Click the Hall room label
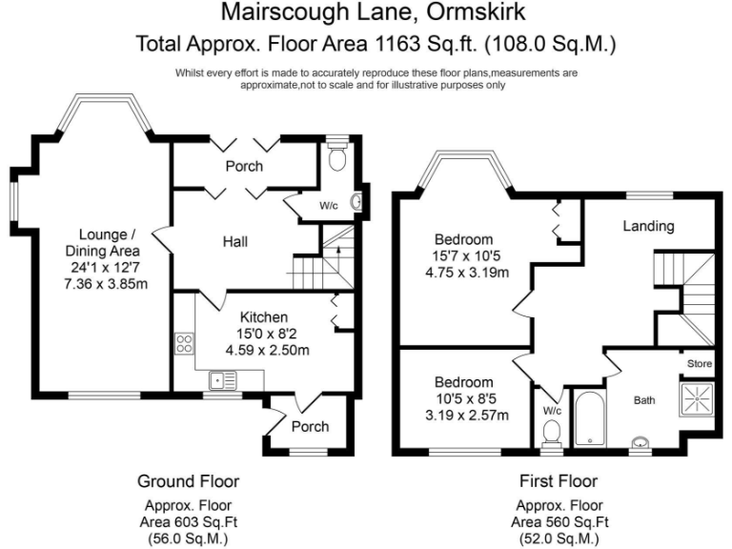[234, 242]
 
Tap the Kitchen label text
[264, 316]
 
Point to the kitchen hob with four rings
[184, 344]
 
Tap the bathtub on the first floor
[591, 418]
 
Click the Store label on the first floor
[700, 363]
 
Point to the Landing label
[648, 226]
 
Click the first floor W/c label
[551, 412]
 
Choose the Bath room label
[645, 400]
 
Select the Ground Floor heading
[188, 481]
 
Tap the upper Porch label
[244, 166]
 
